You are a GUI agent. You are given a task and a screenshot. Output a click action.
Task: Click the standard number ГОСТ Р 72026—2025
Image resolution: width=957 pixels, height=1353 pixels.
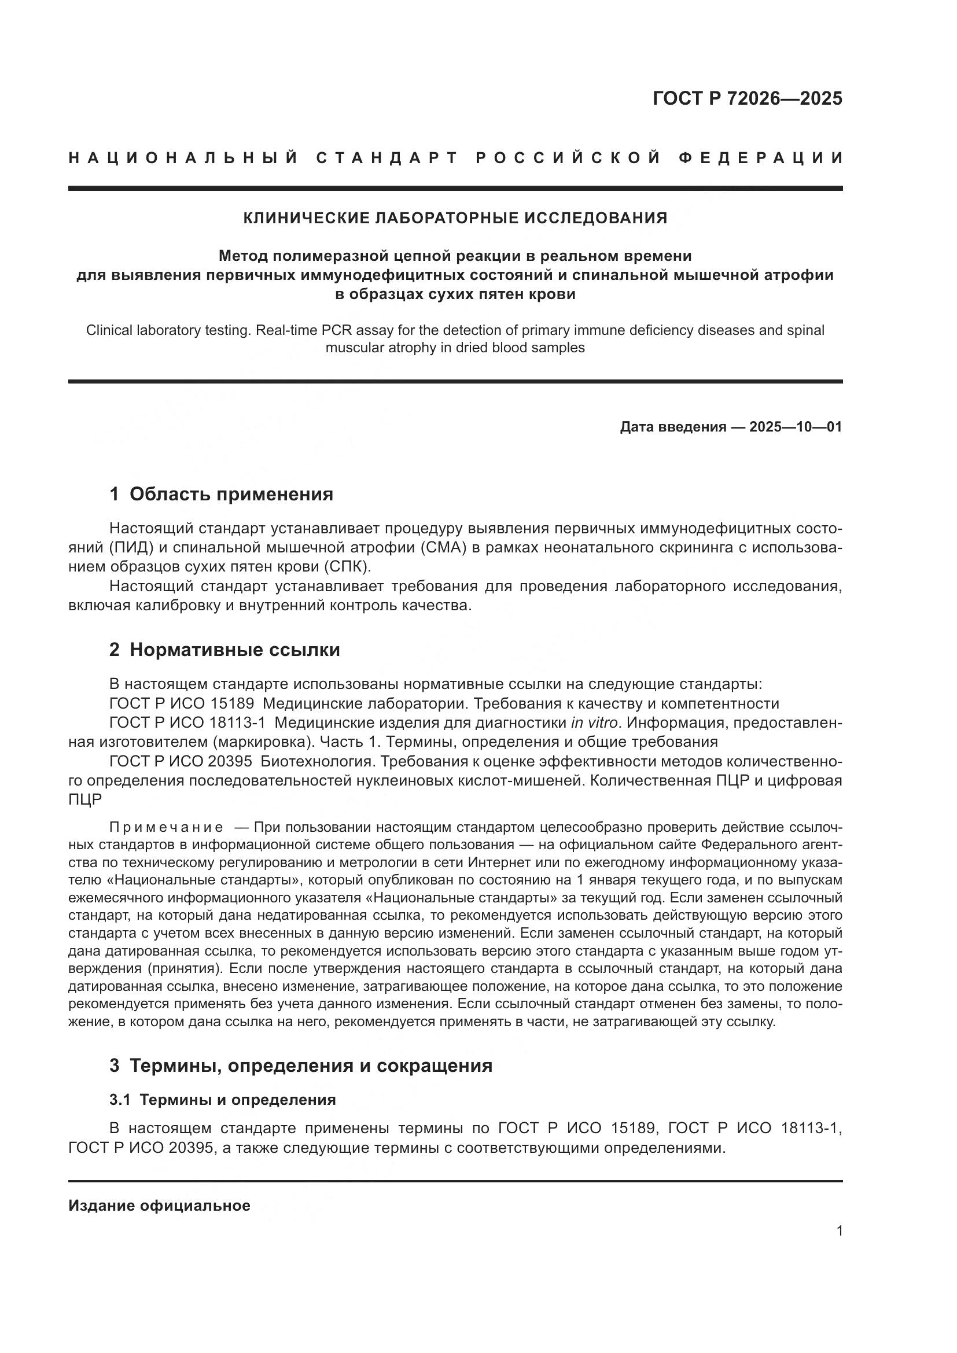[747, 98]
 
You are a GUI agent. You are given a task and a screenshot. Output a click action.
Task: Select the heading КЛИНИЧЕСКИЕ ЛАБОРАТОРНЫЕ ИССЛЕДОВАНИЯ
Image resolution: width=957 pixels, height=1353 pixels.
[455, 218]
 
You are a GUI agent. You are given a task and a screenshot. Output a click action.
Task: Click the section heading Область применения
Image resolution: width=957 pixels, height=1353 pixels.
[231, 494]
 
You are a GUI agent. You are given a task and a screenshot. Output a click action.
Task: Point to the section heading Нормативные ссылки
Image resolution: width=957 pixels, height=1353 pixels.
[234, 650]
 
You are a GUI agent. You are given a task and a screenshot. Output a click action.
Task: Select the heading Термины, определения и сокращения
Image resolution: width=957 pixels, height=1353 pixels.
[311, 1066]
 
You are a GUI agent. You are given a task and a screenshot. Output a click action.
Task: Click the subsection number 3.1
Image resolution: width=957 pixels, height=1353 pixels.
[121, 1100]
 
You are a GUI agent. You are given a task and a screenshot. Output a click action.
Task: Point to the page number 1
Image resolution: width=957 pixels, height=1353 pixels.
[839, 1231]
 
